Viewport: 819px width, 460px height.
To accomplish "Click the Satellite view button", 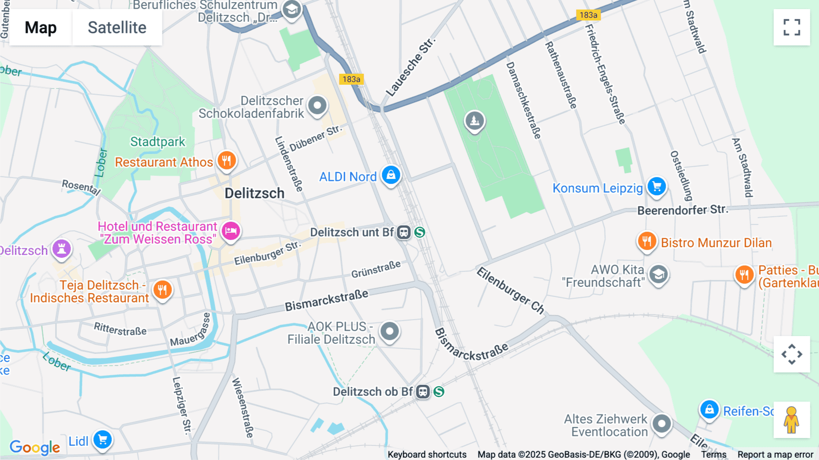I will (x=117, y=27).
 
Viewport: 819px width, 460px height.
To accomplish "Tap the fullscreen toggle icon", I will (x=792, y=27).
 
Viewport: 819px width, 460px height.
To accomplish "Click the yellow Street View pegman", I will (x=791, y=420).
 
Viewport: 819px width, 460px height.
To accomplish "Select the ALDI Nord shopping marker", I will (x=391, y=175).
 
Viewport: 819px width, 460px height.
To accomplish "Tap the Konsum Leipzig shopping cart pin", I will (x=657, y=186).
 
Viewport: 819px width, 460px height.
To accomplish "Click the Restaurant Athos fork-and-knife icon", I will (x=227, y=160).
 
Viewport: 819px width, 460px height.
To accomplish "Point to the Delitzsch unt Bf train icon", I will (x=404, y=232).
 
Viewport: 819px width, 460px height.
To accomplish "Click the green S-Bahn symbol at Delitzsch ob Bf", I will (x=439, y=392).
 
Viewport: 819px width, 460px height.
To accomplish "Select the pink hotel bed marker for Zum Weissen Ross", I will (x=231, y=231).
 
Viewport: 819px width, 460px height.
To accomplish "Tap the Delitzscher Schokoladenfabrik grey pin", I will (x=317, y=106).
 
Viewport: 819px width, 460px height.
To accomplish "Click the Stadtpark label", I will (x=157, y=142).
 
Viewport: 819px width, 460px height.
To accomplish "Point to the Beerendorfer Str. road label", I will (x=682, y=210).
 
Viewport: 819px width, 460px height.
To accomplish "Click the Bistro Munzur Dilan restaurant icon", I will (x=647, y=241).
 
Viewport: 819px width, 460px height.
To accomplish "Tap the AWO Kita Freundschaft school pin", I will (x=658, y=274).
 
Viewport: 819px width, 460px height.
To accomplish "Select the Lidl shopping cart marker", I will (x=103, y=440).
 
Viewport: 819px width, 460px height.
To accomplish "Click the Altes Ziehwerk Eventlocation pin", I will (x=662, y=424).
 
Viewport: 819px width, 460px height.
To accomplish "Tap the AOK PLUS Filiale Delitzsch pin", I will (x=389, y=331).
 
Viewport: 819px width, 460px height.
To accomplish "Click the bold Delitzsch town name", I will (x=254, y=193).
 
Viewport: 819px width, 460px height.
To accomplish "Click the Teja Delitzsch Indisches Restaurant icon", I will (x=162, y=289).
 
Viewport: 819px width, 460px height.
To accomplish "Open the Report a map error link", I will (x=775, y=455).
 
